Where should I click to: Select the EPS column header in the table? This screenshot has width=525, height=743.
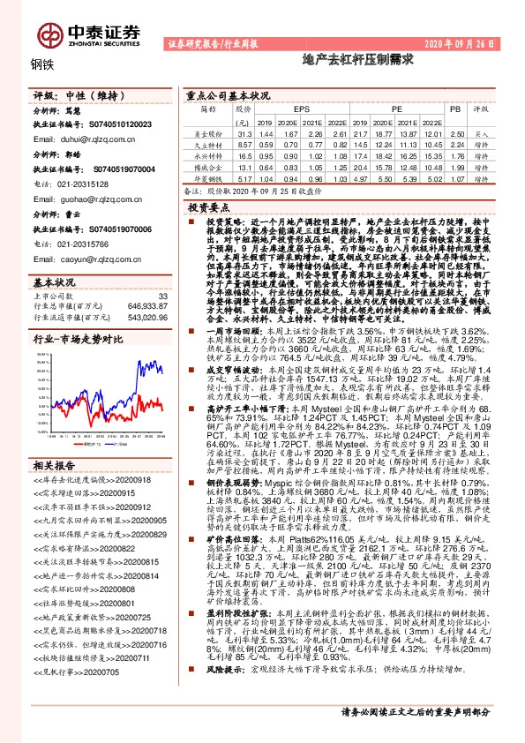[290, 109]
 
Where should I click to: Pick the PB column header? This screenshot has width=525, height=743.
[455, 109]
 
